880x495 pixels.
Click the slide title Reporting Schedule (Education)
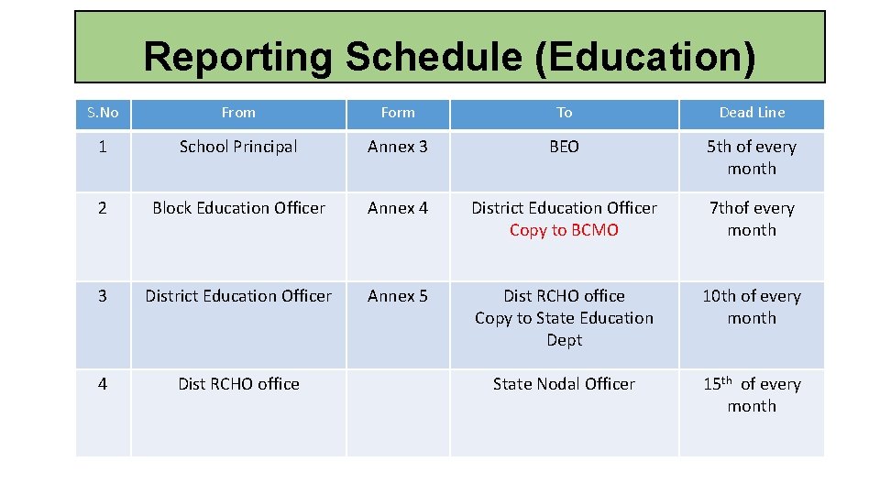449,57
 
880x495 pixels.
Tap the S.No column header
103,113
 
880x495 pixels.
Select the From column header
238,113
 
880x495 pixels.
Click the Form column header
398,113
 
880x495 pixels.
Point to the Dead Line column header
752,113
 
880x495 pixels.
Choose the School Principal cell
238,147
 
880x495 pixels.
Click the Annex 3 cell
398,147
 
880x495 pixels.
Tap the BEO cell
564,147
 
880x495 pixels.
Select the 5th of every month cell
752,158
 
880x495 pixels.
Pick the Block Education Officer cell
238,208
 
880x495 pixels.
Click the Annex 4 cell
398,208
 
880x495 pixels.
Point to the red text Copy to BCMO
564,230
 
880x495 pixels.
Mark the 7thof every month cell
752,219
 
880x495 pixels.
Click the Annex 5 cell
398,296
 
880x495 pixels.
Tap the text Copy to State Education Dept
564,328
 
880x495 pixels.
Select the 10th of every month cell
752,307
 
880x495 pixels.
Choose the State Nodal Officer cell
564,384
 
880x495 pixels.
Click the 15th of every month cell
752,395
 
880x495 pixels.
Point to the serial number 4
103,384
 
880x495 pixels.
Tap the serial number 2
103,208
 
